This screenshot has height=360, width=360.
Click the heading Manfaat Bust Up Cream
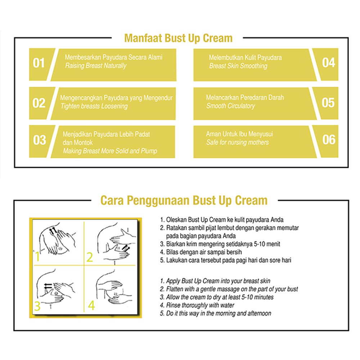(x=178, y=38)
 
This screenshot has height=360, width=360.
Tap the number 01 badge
(x=39, y=64)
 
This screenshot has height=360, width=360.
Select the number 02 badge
(x=39, y=103)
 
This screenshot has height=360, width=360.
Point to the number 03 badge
(x=39, y=140)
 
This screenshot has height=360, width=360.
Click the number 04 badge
(x=328, y=63)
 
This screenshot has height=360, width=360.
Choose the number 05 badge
(x=328, y=103)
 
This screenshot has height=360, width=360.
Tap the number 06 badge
(x=328, y=140)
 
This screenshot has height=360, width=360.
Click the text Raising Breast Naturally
(x=96, y=66)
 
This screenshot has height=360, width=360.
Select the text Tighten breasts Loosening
(x=94, y=106)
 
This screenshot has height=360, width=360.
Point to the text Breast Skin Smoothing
(x=238, y=66)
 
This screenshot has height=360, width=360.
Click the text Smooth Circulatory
(x=230, y=106)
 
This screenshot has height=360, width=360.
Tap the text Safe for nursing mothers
(x=237, y=142)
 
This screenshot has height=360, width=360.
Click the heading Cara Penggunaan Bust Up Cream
(x=184, y=200)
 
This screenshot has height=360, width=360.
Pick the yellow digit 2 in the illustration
(x=90, y=257)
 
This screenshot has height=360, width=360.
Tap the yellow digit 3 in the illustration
(x=37, y=306)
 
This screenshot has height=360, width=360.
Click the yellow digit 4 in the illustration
(x=91, y=306)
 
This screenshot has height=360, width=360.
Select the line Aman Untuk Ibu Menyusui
(x=239, y=134)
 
